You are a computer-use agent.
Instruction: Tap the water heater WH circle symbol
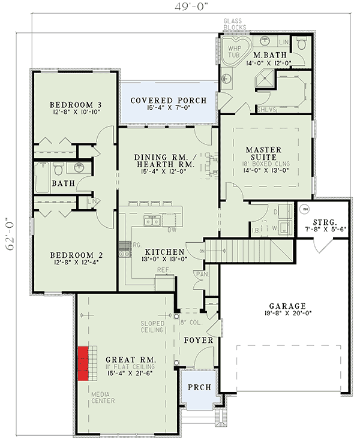[305, 210]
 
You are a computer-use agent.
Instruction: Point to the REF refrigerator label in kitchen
[161, 270]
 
